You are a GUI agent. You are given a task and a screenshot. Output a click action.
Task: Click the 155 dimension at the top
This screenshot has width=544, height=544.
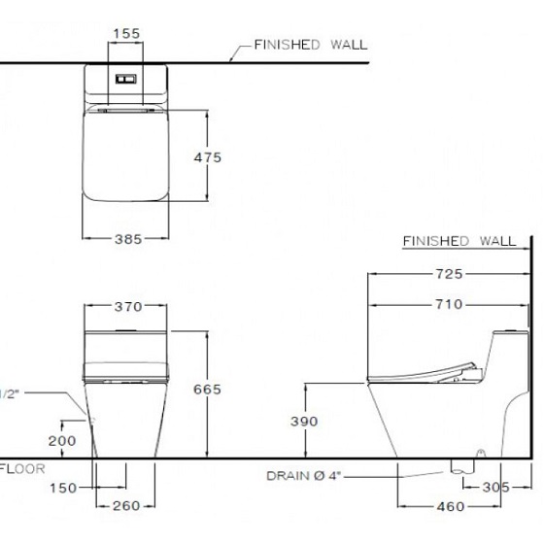[x=126, y=34]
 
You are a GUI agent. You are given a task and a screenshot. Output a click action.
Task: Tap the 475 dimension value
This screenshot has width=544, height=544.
[x=208, y=157]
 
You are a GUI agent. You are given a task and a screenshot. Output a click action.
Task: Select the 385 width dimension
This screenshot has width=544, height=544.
[x=128, y=239]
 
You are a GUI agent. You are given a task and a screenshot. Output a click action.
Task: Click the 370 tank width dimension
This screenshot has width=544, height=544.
[x=128, y=307]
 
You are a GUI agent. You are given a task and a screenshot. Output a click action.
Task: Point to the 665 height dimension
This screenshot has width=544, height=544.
[x=207, y=390]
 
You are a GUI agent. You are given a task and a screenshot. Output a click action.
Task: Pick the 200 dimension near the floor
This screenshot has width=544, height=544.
[x=62, y=441]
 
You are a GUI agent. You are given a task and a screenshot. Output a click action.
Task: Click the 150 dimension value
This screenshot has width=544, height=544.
[x=63, y=488]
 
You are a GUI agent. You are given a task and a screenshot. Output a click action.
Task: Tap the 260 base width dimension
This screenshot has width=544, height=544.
[x=126, y=506]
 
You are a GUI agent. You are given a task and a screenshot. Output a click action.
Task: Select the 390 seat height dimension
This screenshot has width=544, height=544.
[x=304, y=422]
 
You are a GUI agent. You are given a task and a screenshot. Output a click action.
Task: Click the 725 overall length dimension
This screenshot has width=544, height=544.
[x=449, y=274]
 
